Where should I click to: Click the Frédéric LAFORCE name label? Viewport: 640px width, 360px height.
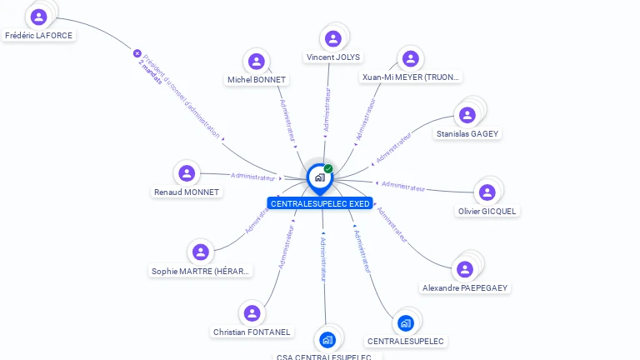(38, 36)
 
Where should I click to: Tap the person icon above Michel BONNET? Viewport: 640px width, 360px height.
(257, 61)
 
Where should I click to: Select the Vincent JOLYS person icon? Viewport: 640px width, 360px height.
(333, 38)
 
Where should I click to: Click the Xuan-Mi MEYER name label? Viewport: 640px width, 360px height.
(411, 77)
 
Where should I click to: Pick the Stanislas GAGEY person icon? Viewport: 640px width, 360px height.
(467, 115)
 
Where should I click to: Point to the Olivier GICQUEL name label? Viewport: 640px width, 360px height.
(487, 211)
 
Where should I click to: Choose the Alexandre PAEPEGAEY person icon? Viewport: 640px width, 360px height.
(465, 269)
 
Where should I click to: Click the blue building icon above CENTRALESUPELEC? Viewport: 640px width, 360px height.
(406, 322)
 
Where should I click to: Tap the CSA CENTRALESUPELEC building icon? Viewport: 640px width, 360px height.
(327, 339)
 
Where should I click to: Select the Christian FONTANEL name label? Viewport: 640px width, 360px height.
(252, 332)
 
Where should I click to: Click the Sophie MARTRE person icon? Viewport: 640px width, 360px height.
(200, 252)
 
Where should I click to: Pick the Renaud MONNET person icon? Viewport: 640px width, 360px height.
(187, 173)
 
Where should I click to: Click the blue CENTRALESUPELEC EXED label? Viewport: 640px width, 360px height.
(320, 203)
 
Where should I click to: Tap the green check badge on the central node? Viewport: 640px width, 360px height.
(328, 168)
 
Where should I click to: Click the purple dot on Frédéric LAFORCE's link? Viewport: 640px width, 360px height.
(137, 53)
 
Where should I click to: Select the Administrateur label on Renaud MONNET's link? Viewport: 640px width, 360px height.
(252, 177)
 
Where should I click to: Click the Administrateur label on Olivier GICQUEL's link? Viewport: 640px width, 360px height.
(403, 187)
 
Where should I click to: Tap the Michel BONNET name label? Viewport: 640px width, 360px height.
(257, 79)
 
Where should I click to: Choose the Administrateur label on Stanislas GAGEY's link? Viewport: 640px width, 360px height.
(393, 147)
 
